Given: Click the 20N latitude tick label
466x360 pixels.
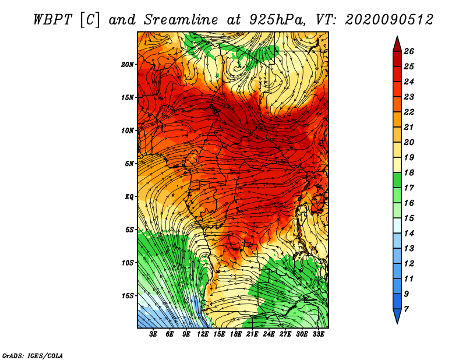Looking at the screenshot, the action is [128, 64].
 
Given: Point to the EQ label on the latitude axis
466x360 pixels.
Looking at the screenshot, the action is [129, 197].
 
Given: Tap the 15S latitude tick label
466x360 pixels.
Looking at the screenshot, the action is [128, 296].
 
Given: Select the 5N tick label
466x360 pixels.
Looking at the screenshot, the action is [129, 164].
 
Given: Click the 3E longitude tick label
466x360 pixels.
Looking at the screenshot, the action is [153, 334].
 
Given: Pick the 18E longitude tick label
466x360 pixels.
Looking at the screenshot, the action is [236, 334].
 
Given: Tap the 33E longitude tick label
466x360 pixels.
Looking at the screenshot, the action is [318, 334].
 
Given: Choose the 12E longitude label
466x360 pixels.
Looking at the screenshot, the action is [203, 334].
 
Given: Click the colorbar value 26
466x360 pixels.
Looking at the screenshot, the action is [409, 51].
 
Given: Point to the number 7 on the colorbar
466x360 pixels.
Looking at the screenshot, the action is [407, 309].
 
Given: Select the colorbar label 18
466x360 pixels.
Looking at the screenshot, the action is [409, 172].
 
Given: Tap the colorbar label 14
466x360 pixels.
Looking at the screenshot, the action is [409, 234].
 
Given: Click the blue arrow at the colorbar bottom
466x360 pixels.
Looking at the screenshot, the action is [397, 316].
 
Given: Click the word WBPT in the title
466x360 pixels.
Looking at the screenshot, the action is [53, 20].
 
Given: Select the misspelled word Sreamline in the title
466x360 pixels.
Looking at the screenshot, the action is [181, 20].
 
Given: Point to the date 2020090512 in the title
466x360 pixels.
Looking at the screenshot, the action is [389, 20].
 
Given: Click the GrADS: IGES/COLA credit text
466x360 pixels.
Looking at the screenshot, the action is [33, 356].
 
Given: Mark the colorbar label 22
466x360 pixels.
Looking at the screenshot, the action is [409, 112].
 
